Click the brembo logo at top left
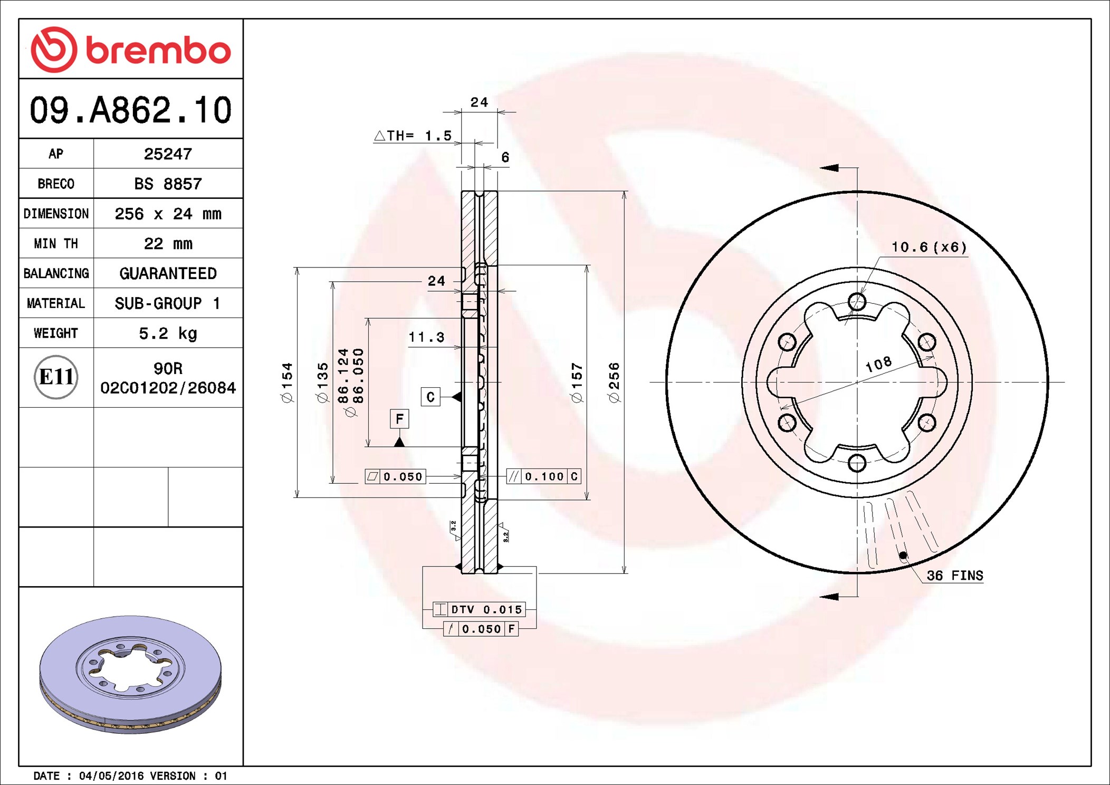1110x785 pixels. [131, 50]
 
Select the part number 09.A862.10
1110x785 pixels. [131, 110]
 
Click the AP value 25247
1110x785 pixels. [168, 154]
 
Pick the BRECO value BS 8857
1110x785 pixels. [168, 184]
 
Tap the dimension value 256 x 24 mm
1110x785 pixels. [168, 214]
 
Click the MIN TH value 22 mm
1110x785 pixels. [168, 243]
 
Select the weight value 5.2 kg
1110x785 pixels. [168, 333]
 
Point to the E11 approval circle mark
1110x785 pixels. [56, 377]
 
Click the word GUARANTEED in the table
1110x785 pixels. [168, 273]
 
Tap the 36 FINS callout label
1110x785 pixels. [955, 575]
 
